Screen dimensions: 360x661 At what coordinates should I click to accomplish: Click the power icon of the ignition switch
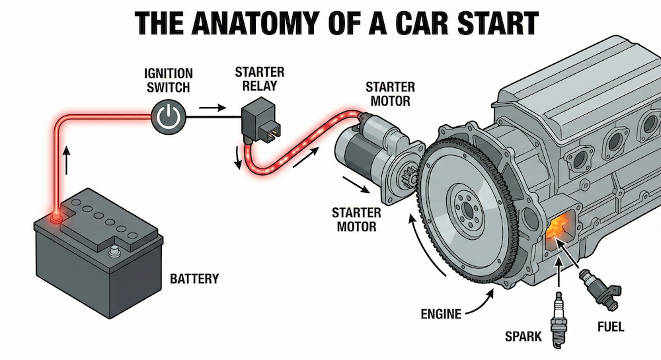[170, 118]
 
